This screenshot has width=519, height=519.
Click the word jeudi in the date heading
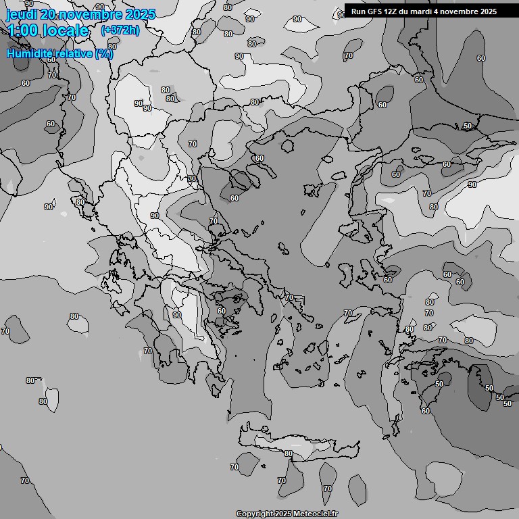pyautogui.click(x=21, y=14)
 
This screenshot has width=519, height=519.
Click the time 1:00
pyautogui.click(x=24, y=30)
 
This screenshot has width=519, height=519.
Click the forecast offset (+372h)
pyautogui.click(x=120, y=30)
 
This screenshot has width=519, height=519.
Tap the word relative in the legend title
pyautogui.click(x=75, y=53)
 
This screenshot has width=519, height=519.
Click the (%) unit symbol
pyautogui.click(x=104, y=53)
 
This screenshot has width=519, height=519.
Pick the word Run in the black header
pyautogui.click(x=358, y=11)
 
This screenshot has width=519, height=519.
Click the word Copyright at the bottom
pyautogui.click(x=255, y=514)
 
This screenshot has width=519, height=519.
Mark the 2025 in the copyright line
pyautogui.click(x=284, y=514)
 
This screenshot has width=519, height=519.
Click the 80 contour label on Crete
pyautogui.click(x=289, y=453)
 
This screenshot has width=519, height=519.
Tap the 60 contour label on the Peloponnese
pyautogui.click(x=221, y=311)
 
